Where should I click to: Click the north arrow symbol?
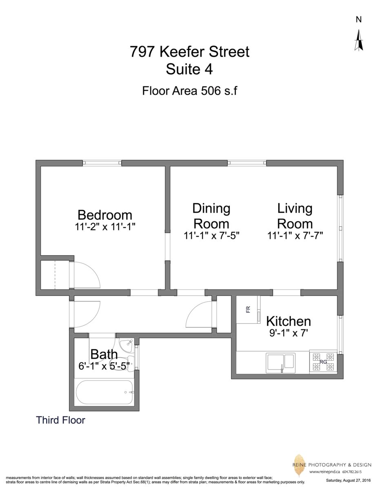(359, 41)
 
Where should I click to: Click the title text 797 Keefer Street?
(189, 52)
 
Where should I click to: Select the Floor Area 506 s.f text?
(189, 90)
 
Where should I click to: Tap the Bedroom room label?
(105, 215)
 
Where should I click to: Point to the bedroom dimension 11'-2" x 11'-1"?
(105, 227)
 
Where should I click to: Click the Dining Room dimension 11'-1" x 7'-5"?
(211, 236)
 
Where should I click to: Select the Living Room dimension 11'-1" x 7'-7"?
(295, 236)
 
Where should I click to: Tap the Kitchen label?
(288, 321)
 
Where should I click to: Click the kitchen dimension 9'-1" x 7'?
(288, 333)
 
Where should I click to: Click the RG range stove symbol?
(323, 361)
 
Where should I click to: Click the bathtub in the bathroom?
(104, 392)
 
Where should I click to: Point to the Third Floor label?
(60, 420)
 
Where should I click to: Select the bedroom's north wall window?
(102, 163)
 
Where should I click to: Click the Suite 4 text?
(189, 69)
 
